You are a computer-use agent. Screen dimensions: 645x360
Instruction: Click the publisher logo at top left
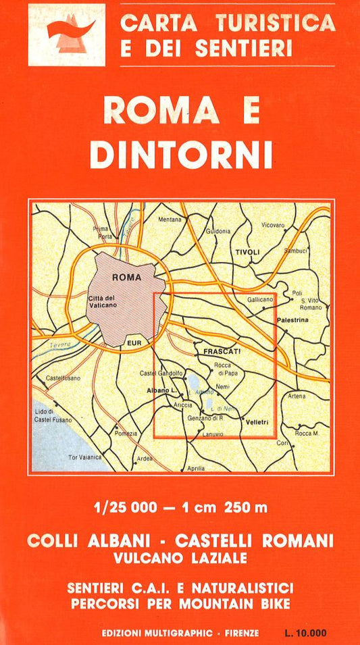click(x=66, y=34)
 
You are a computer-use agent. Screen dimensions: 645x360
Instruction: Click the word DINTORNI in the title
click(x=181, y=154)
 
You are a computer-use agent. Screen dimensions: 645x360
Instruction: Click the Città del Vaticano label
click(x=103, y=302)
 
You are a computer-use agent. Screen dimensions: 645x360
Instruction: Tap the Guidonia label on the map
click(x=219, y=231)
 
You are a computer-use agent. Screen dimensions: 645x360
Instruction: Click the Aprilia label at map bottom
click(x=195, y=468)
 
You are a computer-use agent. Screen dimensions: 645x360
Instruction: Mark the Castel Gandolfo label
click(x=161, y=373)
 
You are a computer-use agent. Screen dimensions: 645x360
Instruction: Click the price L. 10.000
click(x=305, y=633)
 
